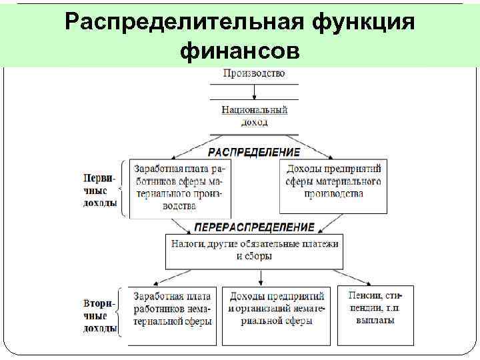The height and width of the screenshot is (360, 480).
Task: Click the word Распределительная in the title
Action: point(183,21)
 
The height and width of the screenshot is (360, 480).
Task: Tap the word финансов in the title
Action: point(240,50)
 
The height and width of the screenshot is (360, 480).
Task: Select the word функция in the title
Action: point(364,21)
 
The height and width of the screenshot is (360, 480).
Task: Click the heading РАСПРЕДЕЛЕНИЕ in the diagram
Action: point(254,152)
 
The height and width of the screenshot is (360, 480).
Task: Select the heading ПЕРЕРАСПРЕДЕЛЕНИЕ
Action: point(254,227)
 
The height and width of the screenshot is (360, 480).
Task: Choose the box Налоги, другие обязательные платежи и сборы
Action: point(254,250)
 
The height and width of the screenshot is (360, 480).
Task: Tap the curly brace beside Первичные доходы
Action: point(121,189)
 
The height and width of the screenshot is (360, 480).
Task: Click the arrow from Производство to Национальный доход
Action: point(254,93)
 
